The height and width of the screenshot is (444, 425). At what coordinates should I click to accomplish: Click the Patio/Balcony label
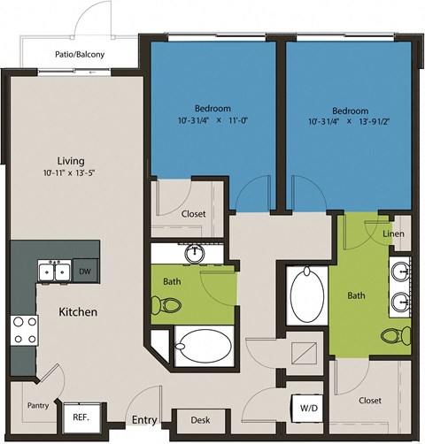tap(77, 55)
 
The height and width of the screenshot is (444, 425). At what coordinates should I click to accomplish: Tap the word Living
tap(70, 161)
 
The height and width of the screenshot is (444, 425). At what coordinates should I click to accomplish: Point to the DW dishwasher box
tap(84, 272)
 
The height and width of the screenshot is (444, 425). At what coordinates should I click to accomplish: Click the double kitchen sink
tap(55, 272)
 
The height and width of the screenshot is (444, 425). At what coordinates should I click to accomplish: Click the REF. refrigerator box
tap(82, 414)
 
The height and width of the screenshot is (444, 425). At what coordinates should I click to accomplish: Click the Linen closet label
tap(395, 233)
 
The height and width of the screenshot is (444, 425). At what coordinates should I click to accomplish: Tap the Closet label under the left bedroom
tap(193, 213)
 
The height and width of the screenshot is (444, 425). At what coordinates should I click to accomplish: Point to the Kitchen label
tap(78, 312)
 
